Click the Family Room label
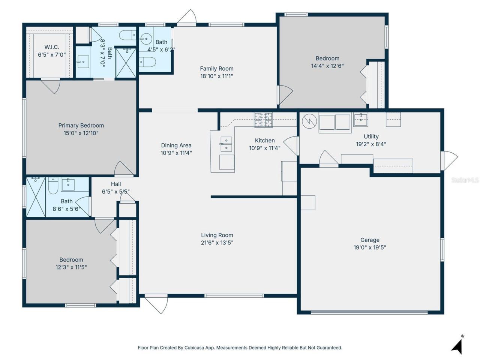(x=216, y=69)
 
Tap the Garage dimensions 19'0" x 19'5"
(x=370, y=247)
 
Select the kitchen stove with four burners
(x=263, y=120)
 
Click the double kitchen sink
(x=226, y=144)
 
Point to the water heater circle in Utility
(x=309, y=121)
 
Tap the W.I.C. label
(x=52, y=47)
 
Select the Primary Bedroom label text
(x=81, y=126)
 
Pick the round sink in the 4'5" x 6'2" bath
(x=146, y=39)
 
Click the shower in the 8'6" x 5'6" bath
(x=36, y=197)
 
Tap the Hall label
(x=116, y=184)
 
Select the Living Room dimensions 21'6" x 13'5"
(x=217, y=243)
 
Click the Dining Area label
(x=176, y=145)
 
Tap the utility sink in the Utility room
(x=360, y=119)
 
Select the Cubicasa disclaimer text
(x=240, y=348)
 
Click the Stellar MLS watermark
(x=465, y=180)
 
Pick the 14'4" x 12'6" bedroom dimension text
(x=327, y=66)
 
